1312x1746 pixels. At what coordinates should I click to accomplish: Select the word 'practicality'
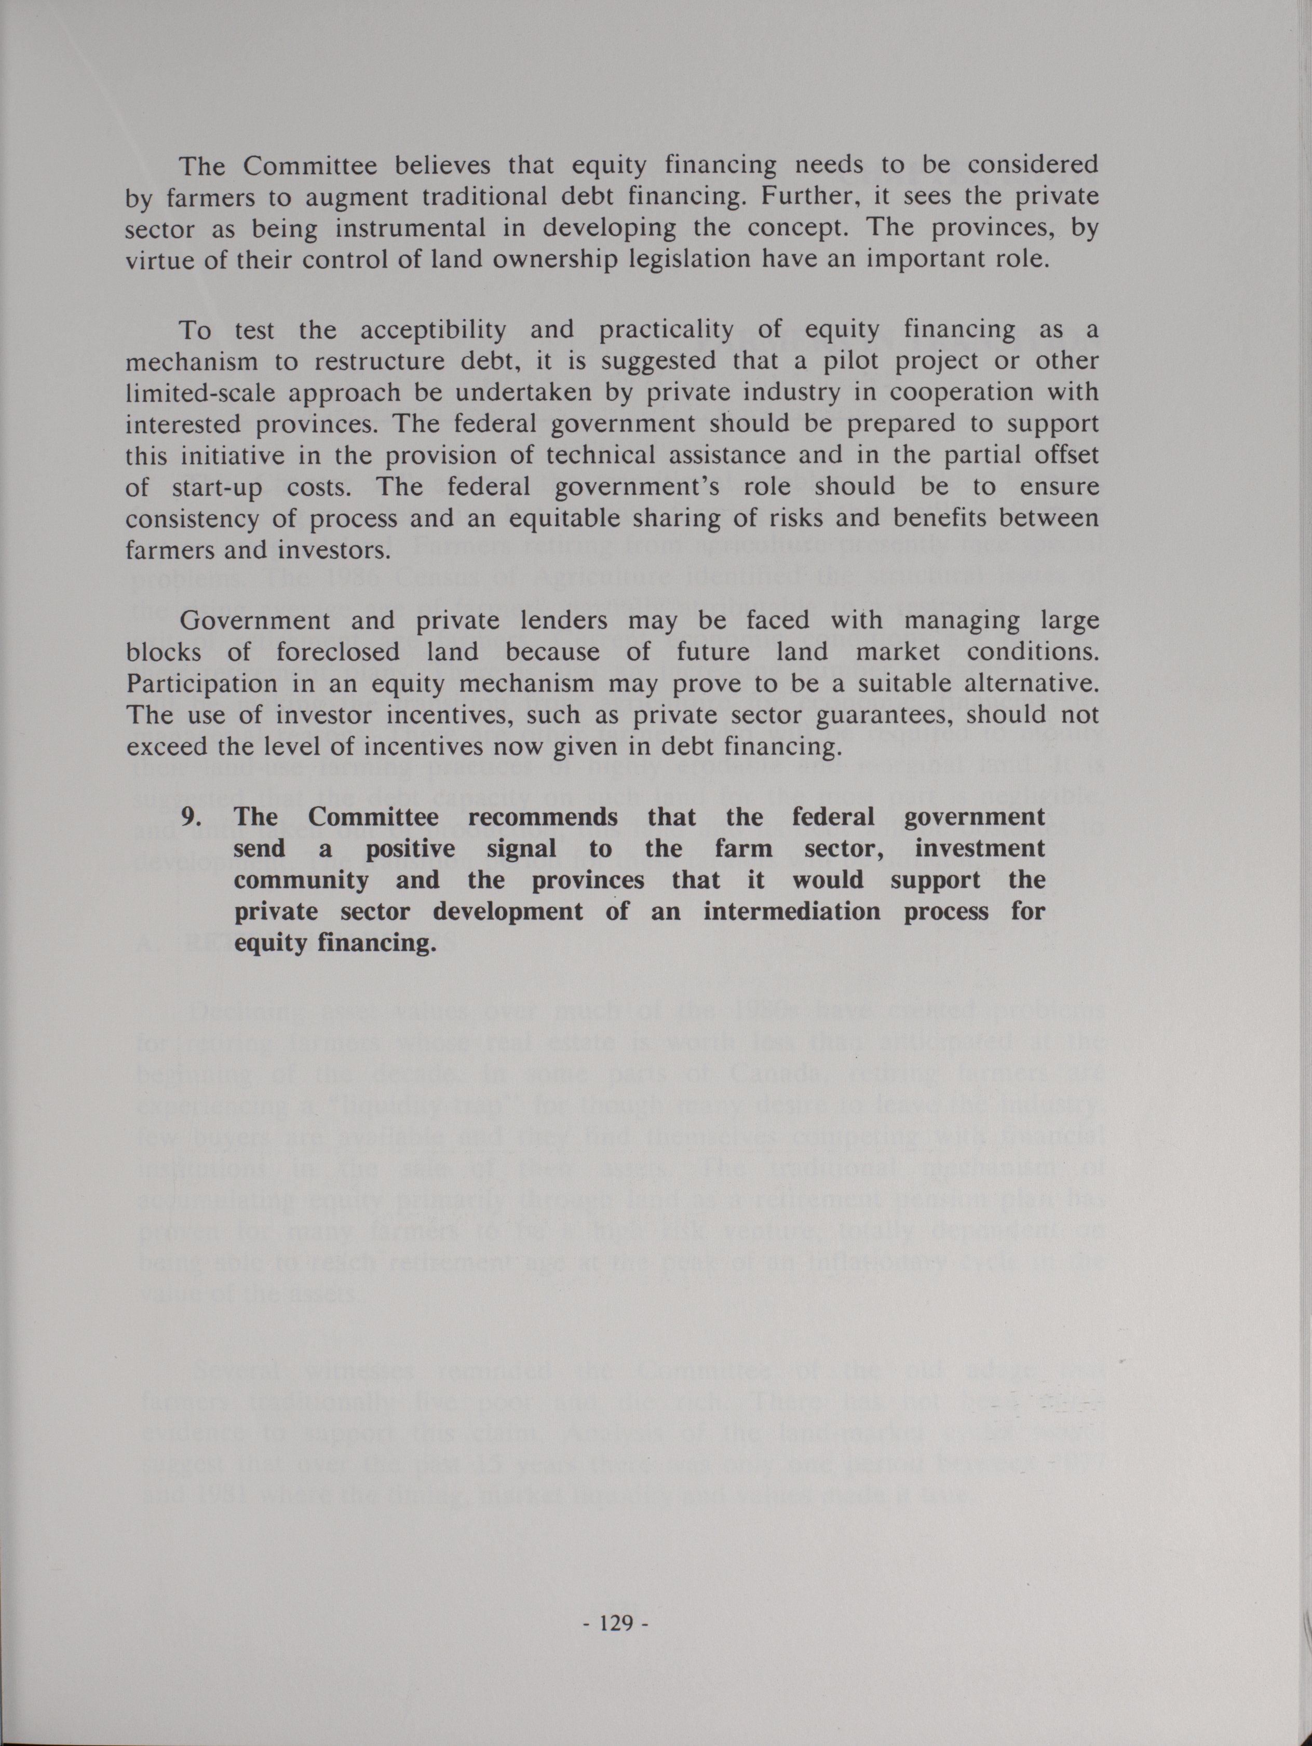666,330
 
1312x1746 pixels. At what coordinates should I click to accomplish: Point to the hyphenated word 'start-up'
217,488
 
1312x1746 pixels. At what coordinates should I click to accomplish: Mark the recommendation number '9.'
194,816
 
